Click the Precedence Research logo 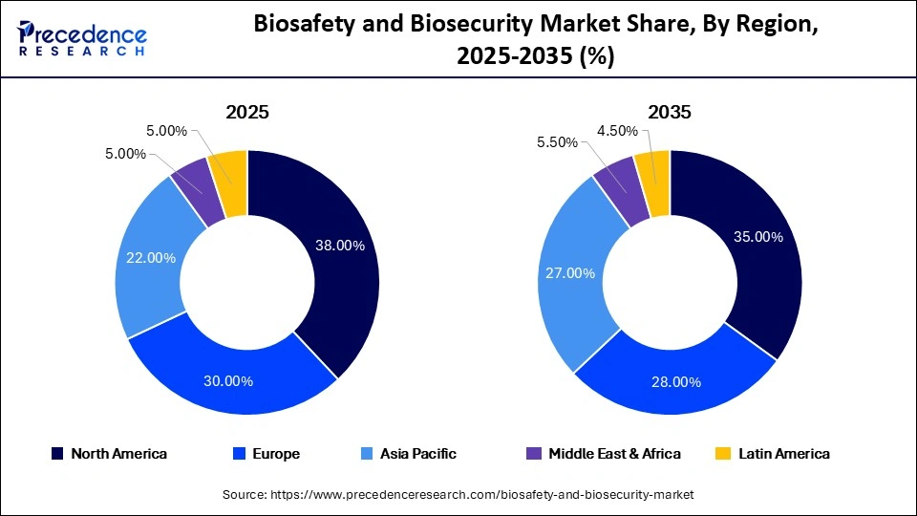click(x=82, y=38)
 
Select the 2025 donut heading click(x=247, y=112)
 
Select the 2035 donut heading click(x=670, y=112)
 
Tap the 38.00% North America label click(x=340, y=246)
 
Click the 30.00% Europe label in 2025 click(x=228, y=381)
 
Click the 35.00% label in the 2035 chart click(x=758, y=236)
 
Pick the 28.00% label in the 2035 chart click(x=676, y=382)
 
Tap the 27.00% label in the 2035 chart click(x=570, y=273)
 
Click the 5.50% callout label click(x=558, y=142)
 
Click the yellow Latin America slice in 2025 click(x=230, y=169)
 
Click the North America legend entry click(x=110, y=454)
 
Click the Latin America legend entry click(x=775, y=454)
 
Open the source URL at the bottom click(x=458, y=494)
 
